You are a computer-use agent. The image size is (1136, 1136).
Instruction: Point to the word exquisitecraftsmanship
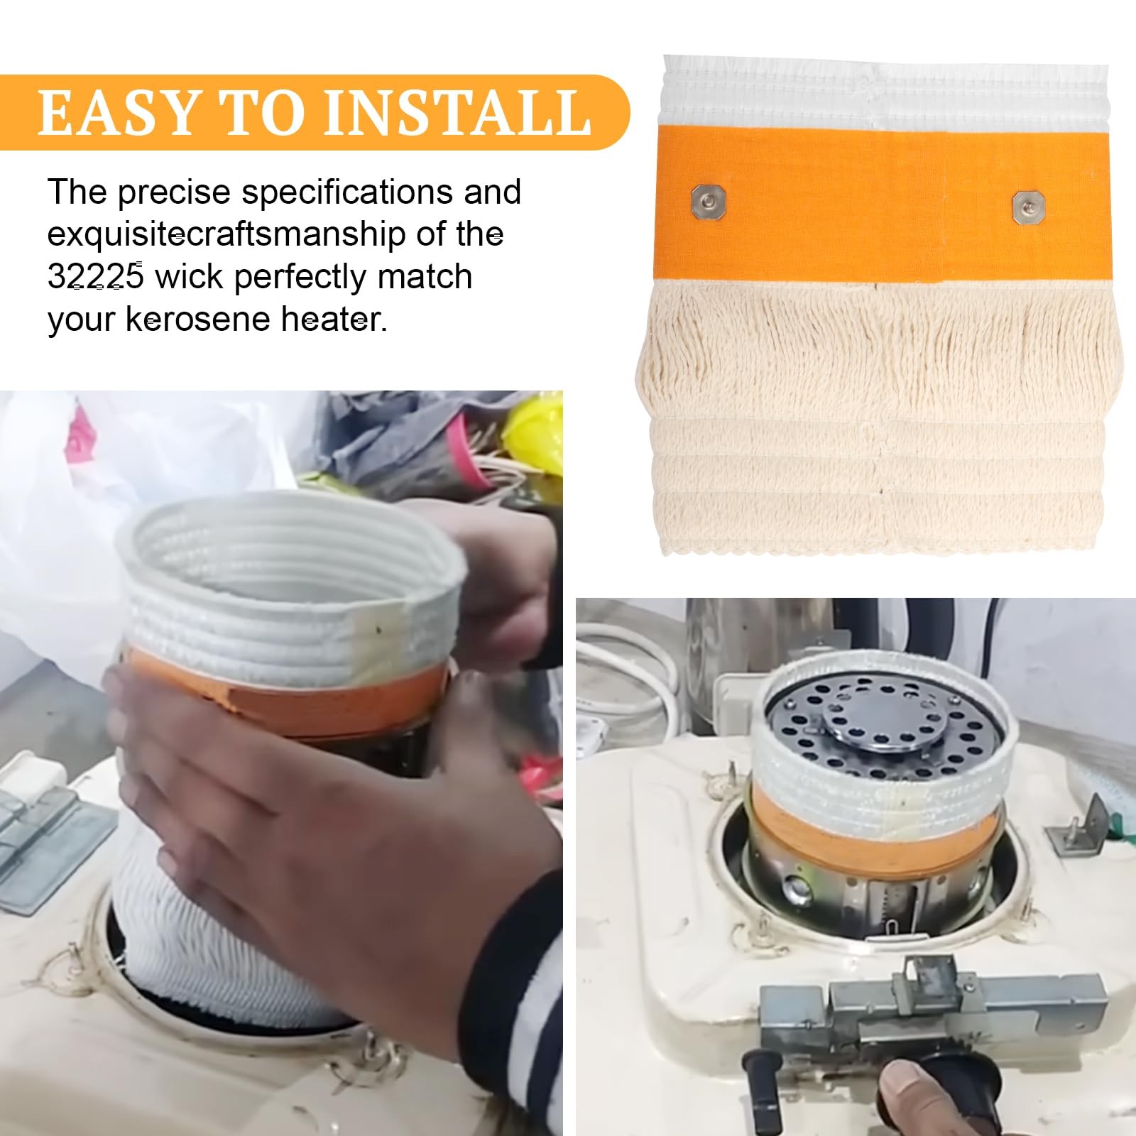(x=228, y=235)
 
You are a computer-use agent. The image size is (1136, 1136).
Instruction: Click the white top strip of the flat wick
(x=885, y=92)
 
